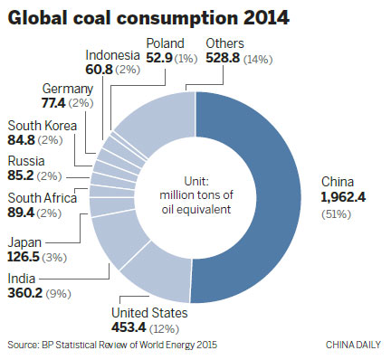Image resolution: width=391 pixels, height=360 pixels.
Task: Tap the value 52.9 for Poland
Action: coord(161,59)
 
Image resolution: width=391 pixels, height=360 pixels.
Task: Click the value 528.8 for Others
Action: coord(223,59)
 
